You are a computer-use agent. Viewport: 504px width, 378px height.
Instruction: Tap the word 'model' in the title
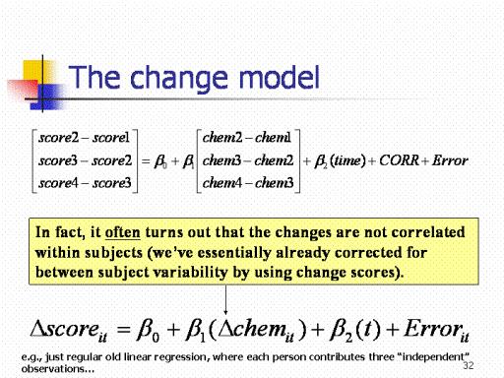pyautogui.click(x=280, y=77)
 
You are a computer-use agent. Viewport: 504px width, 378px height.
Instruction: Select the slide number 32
pyautogui.click(x=469, y=365)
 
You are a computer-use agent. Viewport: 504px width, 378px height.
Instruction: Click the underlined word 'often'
pyautogui.click(x=122, y=232)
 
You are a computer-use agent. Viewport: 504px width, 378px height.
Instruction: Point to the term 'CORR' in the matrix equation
pyautogui.click(x=400, y=160)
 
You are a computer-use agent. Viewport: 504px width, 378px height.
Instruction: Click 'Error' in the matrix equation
pyautogui.click(x=450, y=160)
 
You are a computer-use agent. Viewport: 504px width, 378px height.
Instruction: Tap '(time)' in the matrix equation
pyautogui.click(x=347, y=160)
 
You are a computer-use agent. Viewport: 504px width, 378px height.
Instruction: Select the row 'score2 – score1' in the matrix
pyautogui.click(x=84, y=138)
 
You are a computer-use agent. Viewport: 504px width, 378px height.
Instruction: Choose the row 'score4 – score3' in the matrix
pyautogui.click(x=85, y=183)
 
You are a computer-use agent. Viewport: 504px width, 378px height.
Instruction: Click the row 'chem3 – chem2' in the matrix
pyautogui.click(x=248, y=160)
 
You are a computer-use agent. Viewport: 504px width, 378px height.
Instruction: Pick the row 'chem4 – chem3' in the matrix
pyautogui.click(x=248, y=183)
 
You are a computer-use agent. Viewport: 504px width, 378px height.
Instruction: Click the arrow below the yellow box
pyautogui.click(x=225, y=300)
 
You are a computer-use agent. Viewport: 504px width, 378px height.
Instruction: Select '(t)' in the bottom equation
pyautogui.click(x=368, y=329)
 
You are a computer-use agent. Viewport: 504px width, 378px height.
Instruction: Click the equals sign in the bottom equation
pyautogui.click(x=124, y=330)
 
